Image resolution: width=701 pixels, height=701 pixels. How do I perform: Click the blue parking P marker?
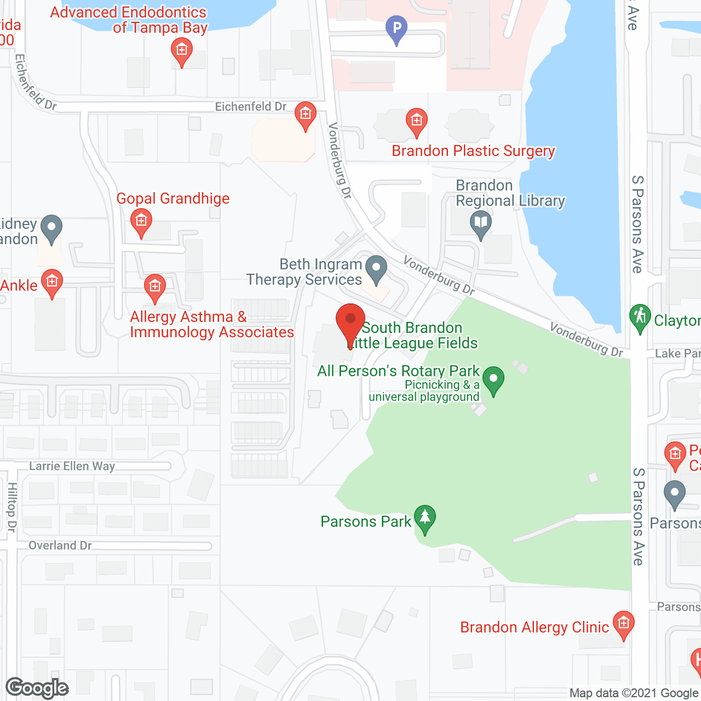pyautogui.click(x=397, y=28)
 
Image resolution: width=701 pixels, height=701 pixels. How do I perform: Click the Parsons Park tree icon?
pyautogui.click(x=424, y=518)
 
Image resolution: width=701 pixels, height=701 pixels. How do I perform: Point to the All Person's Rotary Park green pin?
pyautogui.click(x=493, y=380)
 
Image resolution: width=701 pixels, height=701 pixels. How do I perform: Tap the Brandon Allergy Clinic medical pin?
pyautogui.click(x=623, y=624)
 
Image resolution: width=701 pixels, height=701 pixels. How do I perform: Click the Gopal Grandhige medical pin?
pyautogui.click(x=141, y=222)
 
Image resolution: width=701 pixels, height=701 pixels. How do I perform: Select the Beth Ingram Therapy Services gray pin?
pyautogui.click(x=376, y=269)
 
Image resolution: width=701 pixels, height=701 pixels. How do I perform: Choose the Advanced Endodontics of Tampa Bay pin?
pyautogui.click(x=181, y=52)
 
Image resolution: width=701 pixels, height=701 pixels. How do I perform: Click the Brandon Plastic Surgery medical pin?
pyautogui.click(x=416, y=121)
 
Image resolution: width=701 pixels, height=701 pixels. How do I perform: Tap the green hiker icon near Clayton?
pyautogui.click(x=640, y=318)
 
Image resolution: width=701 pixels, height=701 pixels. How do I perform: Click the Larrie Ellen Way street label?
pyautogui.click(x=72, y=466)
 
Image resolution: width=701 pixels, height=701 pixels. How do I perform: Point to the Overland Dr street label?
pyautogui.click(x=60, y=545)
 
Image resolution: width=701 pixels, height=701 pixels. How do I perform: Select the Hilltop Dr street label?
pyautogui.click(x=12, y=507)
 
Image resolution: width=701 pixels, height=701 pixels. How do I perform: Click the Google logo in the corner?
pyautogui.click(x=37, y=688)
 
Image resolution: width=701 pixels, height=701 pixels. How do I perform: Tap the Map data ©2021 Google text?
pyautogui.click(x=634, y=693)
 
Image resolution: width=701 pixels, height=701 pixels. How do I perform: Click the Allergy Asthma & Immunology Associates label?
pyautogui.click(x=211, y=325)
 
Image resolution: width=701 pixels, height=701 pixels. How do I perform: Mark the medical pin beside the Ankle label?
pyautogui.click(x=52, y=283)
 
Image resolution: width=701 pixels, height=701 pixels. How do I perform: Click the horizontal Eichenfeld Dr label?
pyautogui.click(x=250, y=107)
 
